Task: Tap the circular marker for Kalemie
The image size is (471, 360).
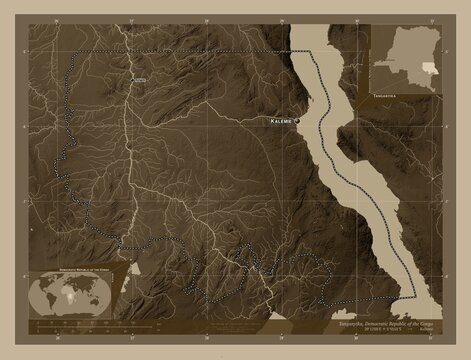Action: coord(297,120)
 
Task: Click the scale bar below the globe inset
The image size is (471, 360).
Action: coord(70,325)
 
